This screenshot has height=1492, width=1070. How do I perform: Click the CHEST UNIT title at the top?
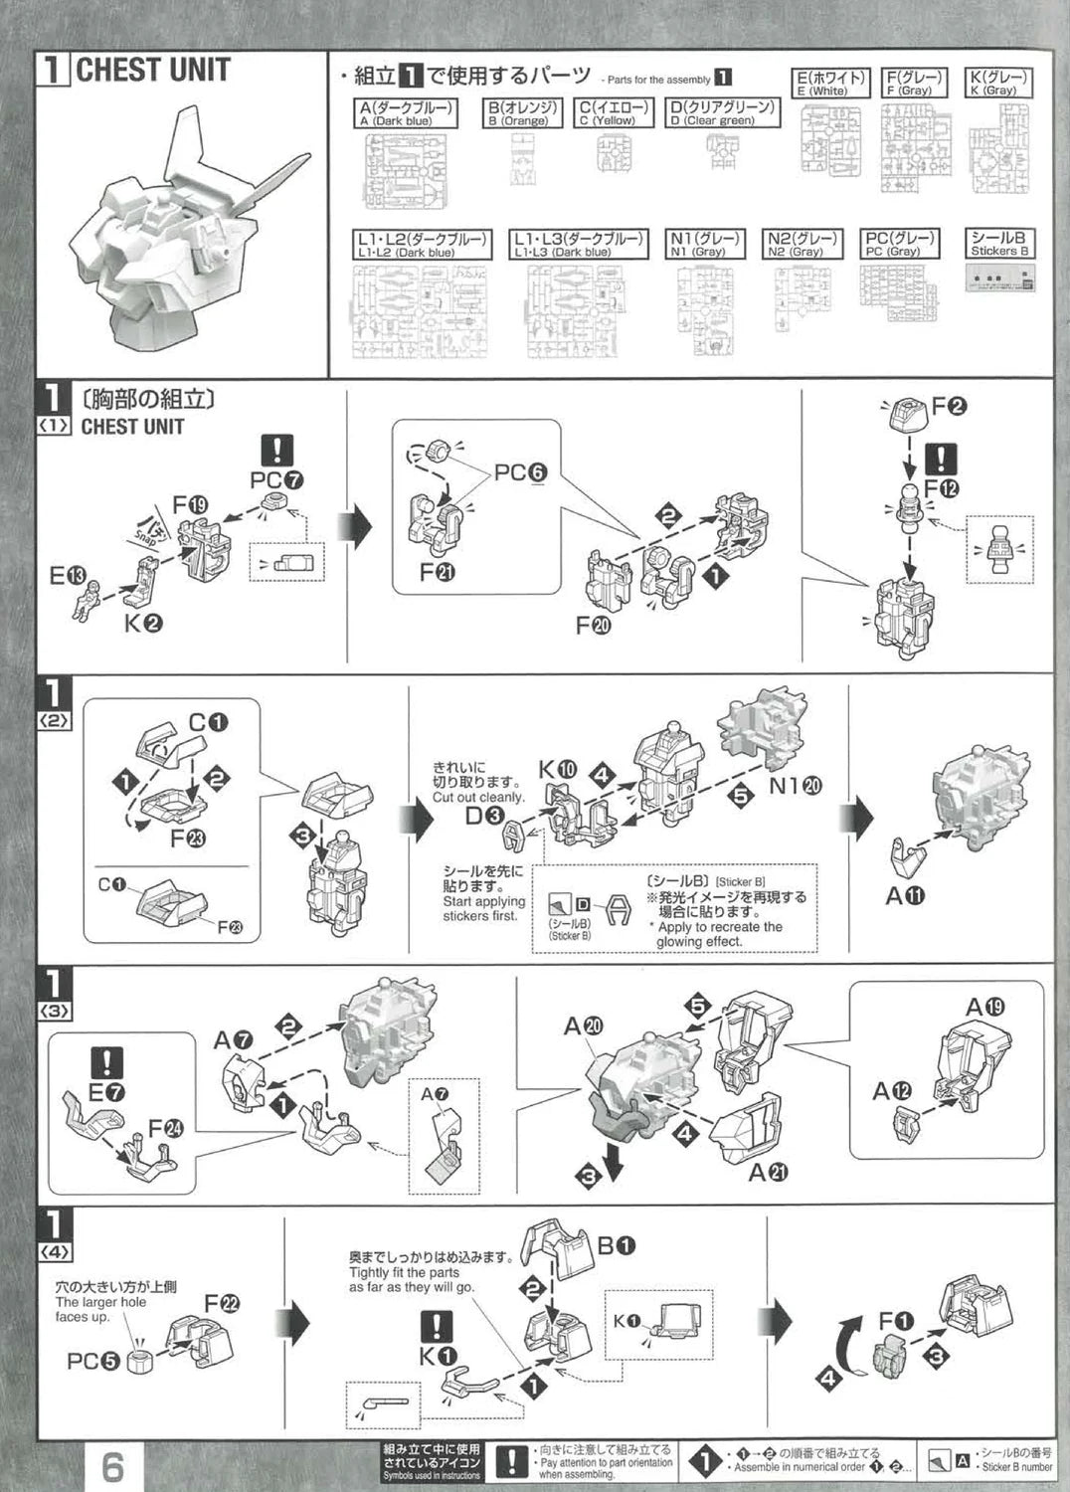pos(152,71)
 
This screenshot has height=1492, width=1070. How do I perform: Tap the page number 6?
pos(113,1466)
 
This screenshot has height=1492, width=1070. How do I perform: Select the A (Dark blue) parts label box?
pos(406,113)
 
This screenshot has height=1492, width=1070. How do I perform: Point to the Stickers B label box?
pos(999,244)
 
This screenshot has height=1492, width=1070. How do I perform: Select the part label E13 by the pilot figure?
pos(68,575)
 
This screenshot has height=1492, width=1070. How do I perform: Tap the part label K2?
pos(143,624)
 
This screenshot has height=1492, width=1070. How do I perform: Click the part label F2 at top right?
pos(950,406)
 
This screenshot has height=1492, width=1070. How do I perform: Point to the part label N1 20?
pos(796,785)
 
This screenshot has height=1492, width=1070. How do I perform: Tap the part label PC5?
pos(92,1361)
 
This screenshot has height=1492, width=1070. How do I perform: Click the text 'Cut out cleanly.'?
pos(477,797)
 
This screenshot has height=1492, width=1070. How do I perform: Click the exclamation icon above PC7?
pos(276,451)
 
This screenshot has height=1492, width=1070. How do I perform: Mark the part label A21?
pos(768,1173)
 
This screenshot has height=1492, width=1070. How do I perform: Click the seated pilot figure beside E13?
pos(86,603)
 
